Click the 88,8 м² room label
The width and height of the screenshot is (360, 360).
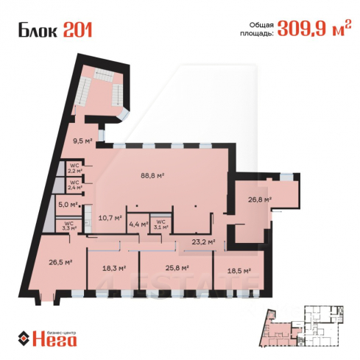click(x=152, y=176)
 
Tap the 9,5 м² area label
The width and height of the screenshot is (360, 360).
click(x=82, y=141)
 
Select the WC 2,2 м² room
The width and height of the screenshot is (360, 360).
click(x=74, y=167)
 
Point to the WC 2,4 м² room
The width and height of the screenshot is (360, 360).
click(x=74, y=185)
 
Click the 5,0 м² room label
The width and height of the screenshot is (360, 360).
click(x=68, y=205)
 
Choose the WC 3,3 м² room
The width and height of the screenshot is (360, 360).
click(x=69, y=225)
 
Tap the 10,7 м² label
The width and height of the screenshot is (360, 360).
click(x=110, y=217)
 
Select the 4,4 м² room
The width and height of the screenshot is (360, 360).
click(x=138, y=224)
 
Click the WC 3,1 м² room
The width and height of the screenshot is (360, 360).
click(x=161, y=225)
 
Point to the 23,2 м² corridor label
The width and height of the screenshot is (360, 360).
click(x=203, y=242)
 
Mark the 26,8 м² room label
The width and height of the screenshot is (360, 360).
click(x=260, y=200)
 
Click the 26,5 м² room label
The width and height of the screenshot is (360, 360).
click(x=60, y=262)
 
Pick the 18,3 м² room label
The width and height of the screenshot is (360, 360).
click(x=114, y=268)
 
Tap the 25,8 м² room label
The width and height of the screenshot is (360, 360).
click(x=177, y=268)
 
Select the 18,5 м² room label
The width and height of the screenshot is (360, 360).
click(x=239, y=271)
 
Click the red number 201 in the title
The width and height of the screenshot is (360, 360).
click(x=78, y=30)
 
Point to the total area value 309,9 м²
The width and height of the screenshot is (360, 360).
click(x=314, y=28)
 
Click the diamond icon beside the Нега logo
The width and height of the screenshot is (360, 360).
click(x=24, y=339)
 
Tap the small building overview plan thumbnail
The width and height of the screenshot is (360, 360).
click(x=302, y=326)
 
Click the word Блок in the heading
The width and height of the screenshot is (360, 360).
click(x=38, y=31)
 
